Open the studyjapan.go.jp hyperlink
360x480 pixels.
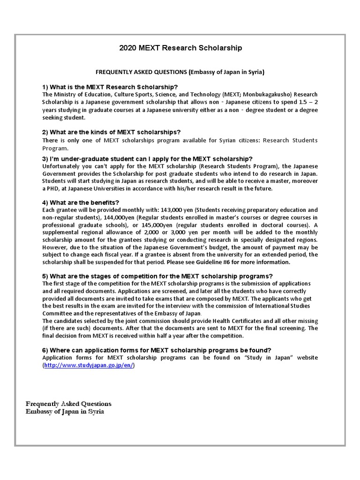pos(89,366)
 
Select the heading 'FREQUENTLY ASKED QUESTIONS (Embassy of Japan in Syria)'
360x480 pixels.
pos(180,72)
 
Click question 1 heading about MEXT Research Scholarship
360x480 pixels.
pos(110,87)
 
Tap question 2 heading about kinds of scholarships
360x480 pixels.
pos(112,132)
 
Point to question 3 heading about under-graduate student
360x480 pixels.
pos(147,159)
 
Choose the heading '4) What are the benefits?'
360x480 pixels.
pos(81,202)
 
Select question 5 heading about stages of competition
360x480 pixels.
pos(157,276)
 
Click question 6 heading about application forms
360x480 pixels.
pos(157,350)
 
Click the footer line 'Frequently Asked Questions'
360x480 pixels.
pos(68,404)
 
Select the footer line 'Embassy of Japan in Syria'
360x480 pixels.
pos(65,412)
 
